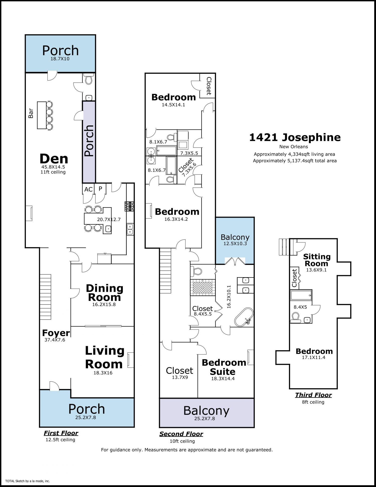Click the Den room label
[x=54, y=159]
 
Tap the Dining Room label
[x=105, y=293]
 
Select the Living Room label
[x=105, y=357]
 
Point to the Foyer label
[x=56, y=333]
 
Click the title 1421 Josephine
[x=295, y=137]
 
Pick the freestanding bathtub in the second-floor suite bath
[x=244, y=317]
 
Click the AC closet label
[x=88, y=189]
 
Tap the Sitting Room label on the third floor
[x=317, y=260]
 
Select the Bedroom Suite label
[x=224, y=367]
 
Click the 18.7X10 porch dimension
[x=60, y=59]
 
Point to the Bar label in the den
[x=31, y=113]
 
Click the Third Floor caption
[x=313, y=395]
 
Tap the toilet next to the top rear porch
[x=89, y=79]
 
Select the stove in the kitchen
[x=130, y=206]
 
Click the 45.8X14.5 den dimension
[x=53, y=167]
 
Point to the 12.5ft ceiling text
[x=60, y=440]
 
